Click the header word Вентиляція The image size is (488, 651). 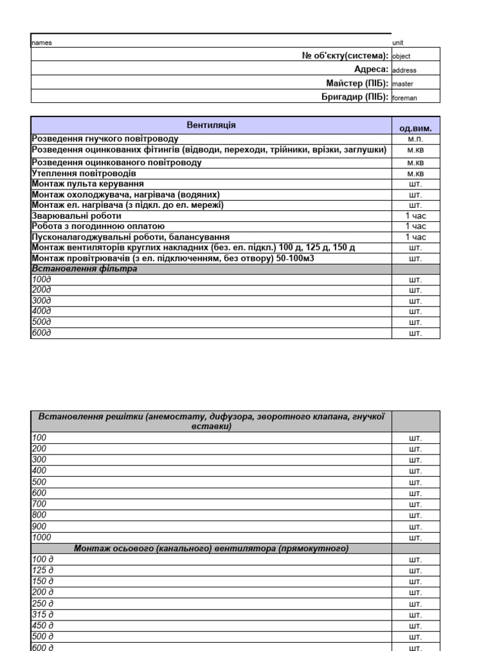click(211, 125)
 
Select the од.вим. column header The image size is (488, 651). click(415, 128)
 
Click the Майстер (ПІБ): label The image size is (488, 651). click(357, 83)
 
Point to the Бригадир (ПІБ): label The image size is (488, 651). click(355, 97)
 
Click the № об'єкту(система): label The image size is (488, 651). click(345, 56)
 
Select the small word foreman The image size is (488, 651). click(405, 98)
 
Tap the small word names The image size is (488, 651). click(42, 43)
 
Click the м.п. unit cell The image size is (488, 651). click(415, 139)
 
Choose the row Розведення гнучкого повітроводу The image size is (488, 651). click(105, 139)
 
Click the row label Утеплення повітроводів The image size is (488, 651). click(84, 173)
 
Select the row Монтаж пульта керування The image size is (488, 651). click(92, 184)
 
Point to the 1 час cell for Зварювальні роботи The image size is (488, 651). click(416, 216)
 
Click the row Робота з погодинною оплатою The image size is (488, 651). click(98, 226)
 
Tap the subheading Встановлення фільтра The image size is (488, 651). click(85, 269)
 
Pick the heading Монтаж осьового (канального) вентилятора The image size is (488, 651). click(211, 548)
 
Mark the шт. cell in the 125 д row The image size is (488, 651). click(415, 570)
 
